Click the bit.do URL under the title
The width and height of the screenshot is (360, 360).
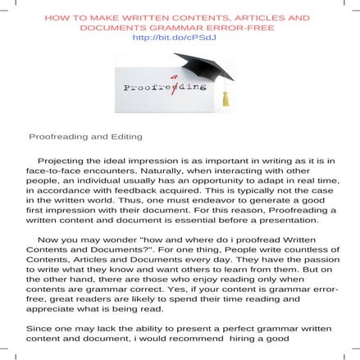[179, 37]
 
